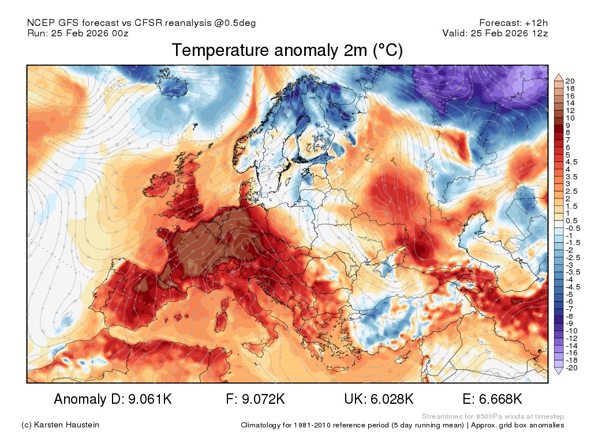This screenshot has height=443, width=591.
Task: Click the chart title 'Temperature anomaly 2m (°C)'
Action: click(x=287, y=51)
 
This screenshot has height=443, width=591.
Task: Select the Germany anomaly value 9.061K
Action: click(x=113, y=399)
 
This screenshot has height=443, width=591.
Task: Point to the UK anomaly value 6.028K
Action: click(x=379, y=399)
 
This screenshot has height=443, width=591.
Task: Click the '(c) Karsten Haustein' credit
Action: click(x=60, y=425)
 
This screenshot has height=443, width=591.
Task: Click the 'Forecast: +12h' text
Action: click(x=513, y=23)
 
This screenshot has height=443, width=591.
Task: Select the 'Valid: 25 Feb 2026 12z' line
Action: click(x=495, y=33)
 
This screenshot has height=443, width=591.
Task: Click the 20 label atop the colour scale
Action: click(x=571, y=81)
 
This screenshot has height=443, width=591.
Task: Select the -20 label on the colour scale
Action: click(x=572, y=367)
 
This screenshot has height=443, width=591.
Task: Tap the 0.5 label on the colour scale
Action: click(x=572, y=220)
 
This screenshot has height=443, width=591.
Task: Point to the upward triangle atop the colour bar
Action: click(x=558, y=77)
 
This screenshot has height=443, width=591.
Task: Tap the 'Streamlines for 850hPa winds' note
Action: click(x=493, y=416)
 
